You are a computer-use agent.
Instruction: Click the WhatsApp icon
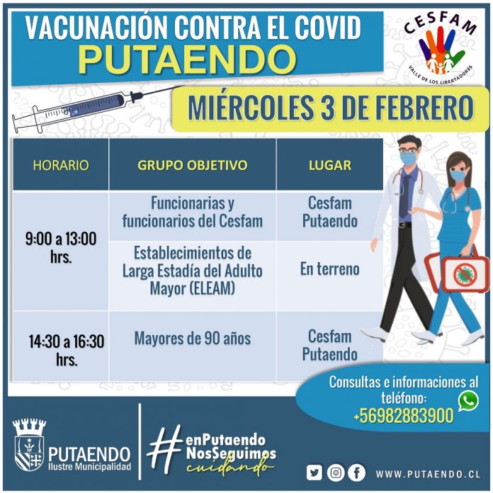tap(468, 401)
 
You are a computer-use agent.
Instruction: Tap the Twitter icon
tap(314, 472)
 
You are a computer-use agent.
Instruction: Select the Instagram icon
tap(336, 472)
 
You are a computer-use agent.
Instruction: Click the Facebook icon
tap(357, 472)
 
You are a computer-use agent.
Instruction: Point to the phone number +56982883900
tap(403, 416)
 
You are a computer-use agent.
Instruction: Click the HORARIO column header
tap(61, 165)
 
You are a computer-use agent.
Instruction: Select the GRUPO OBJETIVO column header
tap(193, 165)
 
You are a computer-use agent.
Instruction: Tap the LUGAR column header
tap(330, 165)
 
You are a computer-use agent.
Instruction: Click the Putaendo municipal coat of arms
tap(29, 445)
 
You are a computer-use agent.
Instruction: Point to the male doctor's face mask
tap(409, 158)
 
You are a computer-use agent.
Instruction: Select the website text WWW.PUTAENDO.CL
tap(429, 474)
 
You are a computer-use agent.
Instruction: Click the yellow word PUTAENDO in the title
tap(188, 59)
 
